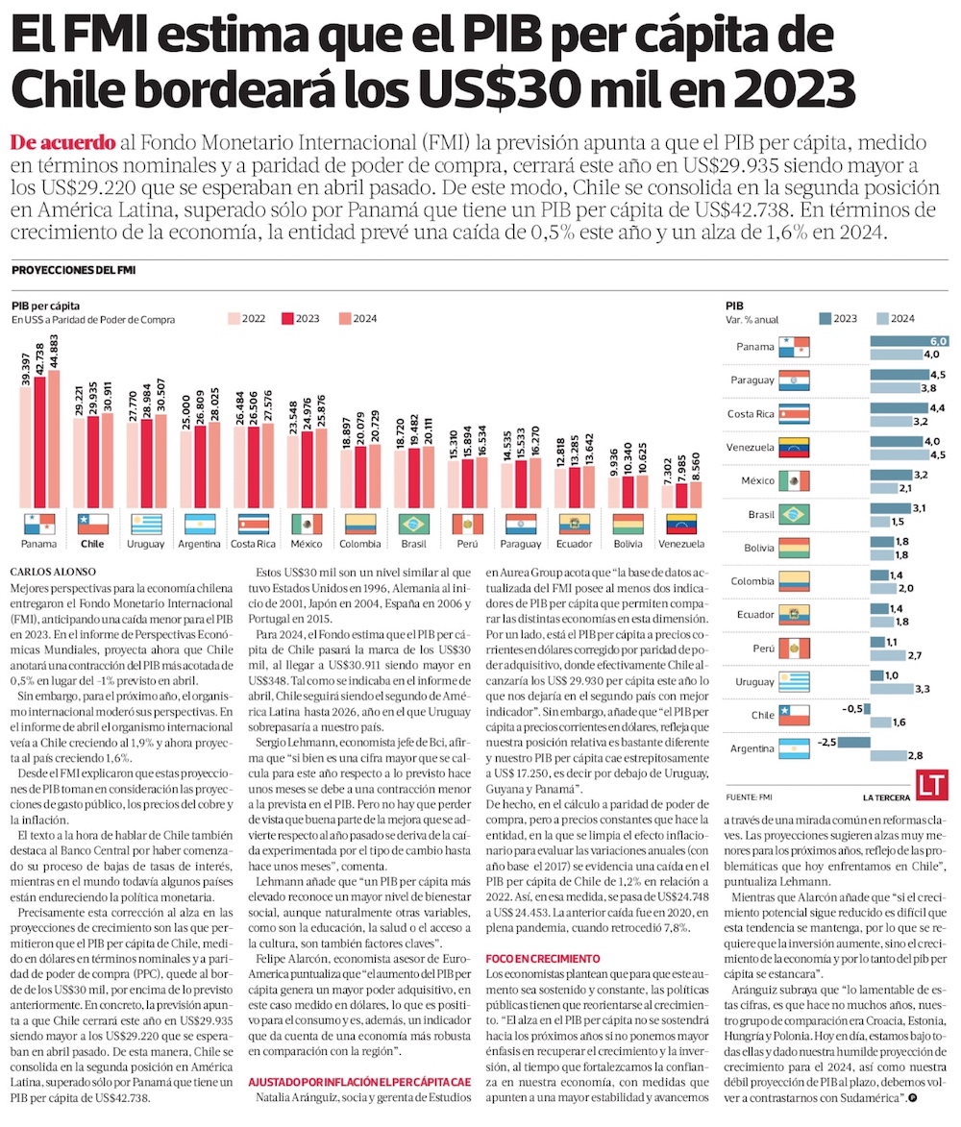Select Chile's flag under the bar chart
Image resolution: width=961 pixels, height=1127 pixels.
click(92, 525)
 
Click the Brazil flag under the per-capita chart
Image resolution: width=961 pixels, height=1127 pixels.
click(414, 525)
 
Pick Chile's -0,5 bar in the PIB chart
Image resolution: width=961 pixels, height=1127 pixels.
click(867, 708)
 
